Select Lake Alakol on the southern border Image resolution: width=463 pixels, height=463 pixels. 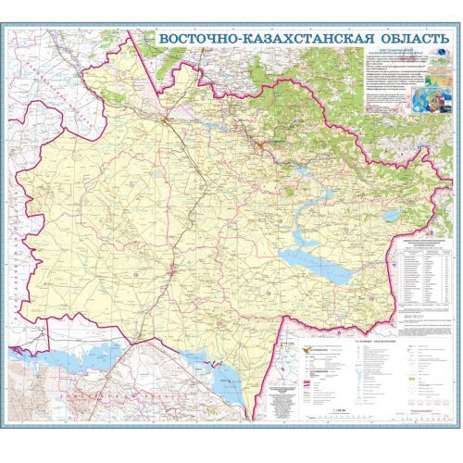[x=222, y=380]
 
